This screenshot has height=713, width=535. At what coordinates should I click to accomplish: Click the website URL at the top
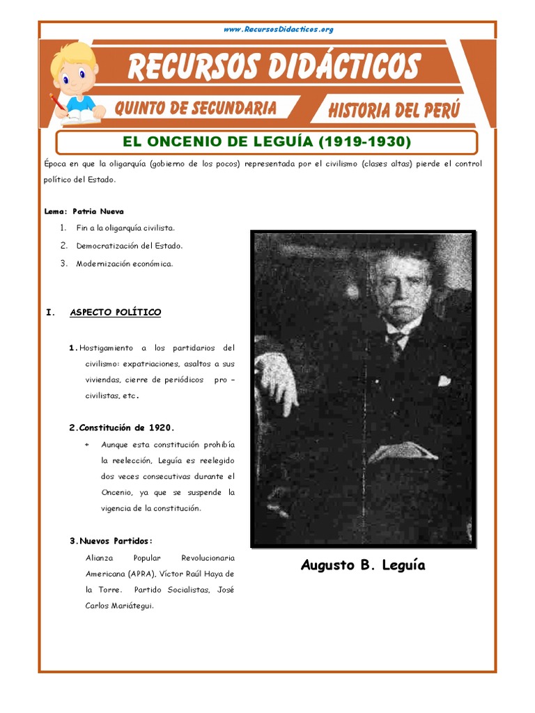pos(279,29)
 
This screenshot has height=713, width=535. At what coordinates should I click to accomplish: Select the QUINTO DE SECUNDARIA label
pos(194,108)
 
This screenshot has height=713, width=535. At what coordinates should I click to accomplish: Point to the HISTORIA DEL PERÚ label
pos(394,110)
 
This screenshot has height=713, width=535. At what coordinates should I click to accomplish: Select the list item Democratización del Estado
pos(130,246)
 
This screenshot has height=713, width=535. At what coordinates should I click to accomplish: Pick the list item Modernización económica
pos(124,264)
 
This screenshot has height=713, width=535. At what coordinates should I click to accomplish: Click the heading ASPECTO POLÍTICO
pos(115,313)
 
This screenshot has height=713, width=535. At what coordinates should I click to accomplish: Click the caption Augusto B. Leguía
pos(362,565)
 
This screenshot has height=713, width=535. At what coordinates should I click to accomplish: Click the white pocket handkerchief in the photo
pos(444,380)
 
